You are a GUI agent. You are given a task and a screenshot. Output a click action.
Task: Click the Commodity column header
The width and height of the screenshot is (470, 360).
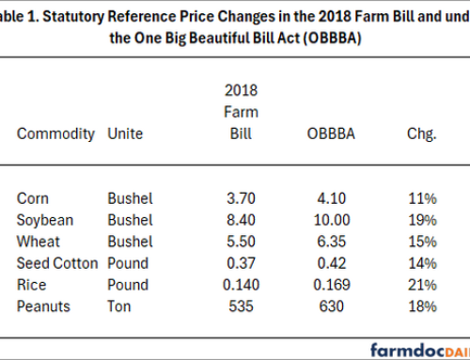pyautogui.click(x=55, y=134)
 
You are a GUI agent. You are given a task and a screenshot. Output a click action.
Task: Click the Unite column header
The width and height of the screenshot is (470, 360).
pyautogui.click(x=126, y=134)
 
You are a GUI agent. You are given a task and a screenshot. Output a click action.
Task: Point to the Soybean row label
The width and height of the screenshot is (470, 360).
pyautogui.click(x=42, y=220)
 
